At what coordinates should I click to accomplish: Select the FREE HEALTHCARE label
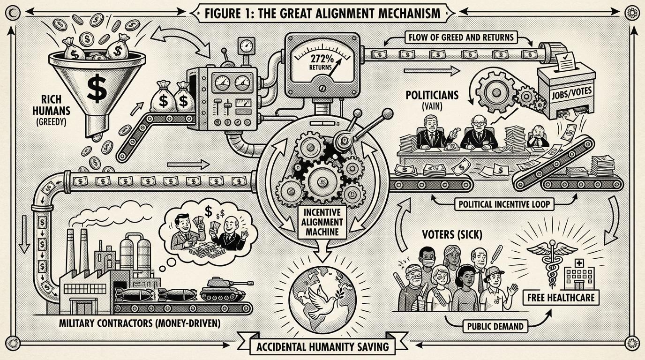pyautogui.click(x=560, y=297)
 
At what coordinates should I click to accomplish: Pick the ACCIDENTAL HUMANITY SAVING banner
pyautogui.click(x=322, y=347)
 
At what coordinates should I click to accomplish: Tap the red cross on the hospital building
pyautogui.click(x=573, y=264)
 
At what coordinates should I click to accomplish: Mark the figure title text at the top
pyautogui.click(x=322, y=13)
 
